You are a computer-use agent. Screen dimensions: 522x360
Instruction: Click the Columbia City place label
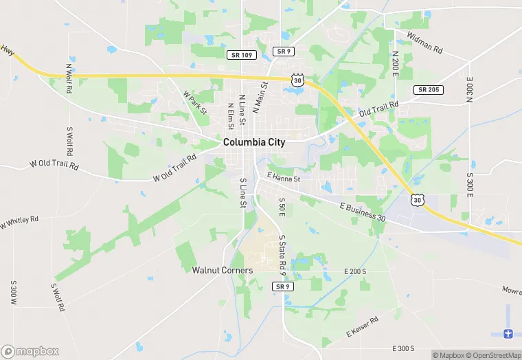(x=253, y=142)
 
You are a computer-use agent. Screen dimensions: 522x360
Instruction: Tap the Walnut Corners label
(x=223, y=270)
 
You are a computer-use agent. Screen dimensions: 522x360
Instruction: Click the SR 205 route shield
(x=429, y=90)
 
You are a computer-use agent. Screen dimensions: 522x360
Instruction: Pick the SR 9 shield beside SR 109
(x=282, y=52)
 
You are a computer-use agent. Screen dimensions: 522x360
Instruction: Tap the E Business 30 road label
(x=362, y=211)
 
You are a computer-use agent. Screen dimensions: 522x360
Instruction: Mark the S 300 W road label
(x=13, y=293)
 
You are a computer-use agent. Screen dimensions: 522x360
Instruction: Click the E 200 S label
(x=355, y=271)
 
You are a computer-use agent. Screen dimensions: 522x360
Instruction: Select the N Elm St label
(x=231, y=114)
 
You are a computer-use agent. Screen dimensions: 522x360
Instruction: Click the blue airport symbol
(x=508, y=333)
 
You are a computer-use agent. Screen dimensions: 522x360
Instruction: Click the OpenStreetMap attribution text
(x=494, y=355)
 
